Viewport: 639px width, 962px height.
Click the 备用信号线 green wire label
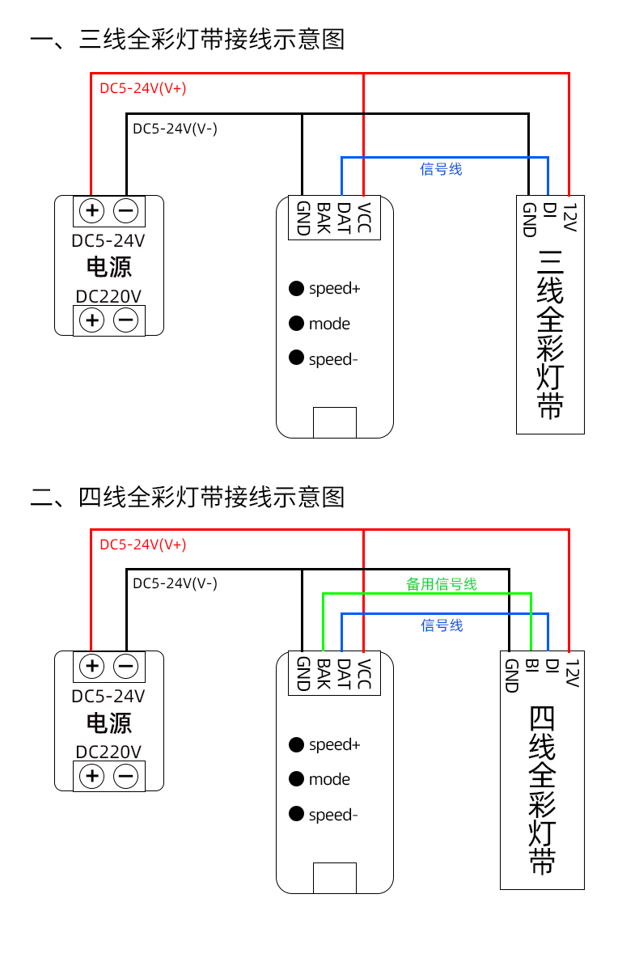click(441, 583)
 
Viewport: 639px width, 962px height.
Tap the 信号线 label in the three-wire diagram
click(441, 169)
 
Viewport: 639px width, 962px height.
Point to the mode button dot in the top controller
click(297, 324)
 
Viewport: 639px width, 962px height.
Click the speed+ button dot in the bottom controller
click(297, 744)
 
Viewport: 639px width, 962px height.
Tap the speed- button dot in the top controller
click(297, 358)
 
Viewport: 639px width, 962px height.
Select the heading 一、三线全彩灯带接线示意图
click(188, 40)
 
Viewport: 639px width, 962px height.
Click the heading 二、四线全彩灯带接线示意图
click(188, 496)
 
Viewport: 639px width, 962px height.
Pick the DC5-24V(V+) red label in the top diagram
click(143, 88)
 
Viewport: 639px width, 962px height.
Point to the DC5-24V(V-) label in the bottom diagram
click(175, 583)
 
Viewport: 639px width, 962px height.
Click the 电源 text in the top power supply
click(109, 267)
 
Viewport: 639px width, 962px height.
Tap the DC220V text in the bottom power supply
click(108, 752)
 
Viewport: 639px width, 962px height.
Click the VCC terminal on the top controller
click(364, 218)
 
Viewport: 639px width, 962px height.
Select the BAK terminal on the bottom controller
click(323, 674)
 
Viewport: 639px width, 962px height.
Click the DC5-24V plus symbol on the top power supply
click(92, 211)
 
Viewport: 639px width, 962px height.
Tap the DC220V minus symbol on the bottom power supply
click(125, 777)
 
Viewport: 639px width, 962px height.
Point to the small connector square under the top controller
click(335, 422)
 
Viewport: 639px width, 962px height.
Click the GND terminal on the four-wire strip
click(510, 676)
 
